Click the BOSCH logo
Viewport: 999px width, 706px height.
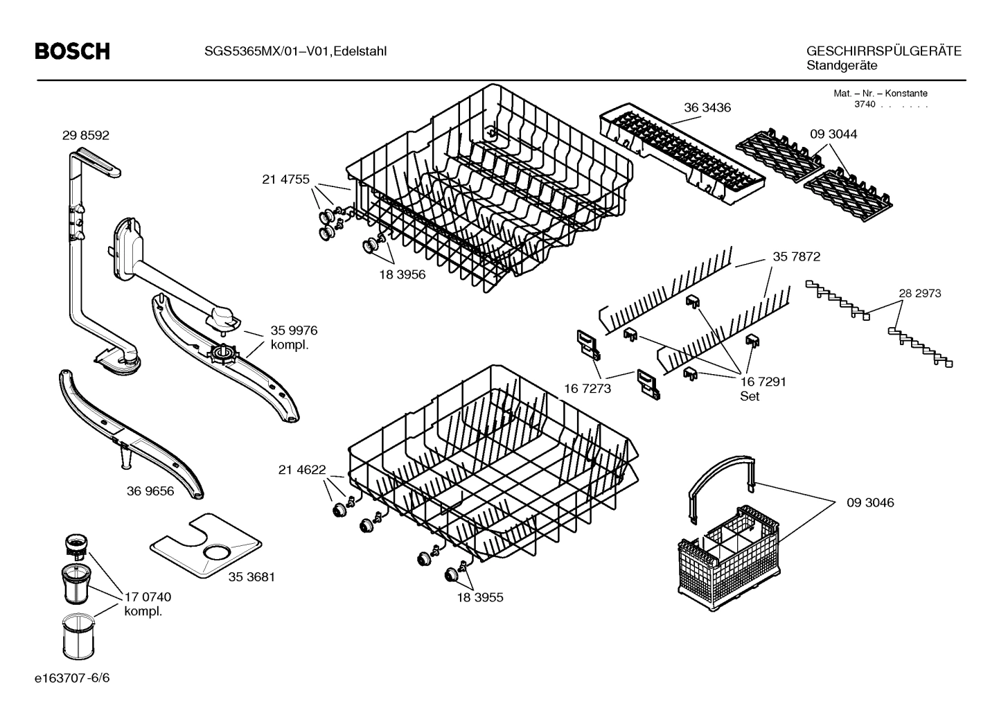point(72,51)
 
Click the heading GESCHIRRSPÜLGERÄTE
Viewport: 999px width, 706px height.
point(883,51)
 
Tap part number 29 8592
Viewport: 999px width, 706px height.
point(86,136)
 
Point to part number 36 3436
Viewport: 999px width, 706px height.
point(707,107)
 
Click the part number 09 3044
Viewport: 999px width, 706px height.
point(833,134)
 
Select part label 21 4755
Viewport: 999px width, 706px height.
point(285,179)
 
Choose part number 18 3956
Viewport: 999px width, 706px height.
point(402,274)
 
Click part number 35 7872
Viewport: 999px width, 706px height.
point(796,256)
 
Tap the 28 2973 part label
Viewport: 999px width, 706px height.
point(919,293)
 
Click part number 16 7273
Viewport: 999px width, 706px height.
point(587,389)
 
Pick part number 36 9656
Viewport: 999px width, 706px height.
point(150,491)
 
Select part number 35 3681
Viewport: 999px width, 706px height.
point(251,576)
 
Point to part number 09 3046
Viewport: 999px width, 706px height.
point(870,502)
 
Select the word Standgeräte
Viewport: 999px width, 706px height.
point(842,66)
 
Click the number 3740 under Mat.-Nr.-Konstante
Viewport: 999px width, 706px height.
point(864,105)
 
